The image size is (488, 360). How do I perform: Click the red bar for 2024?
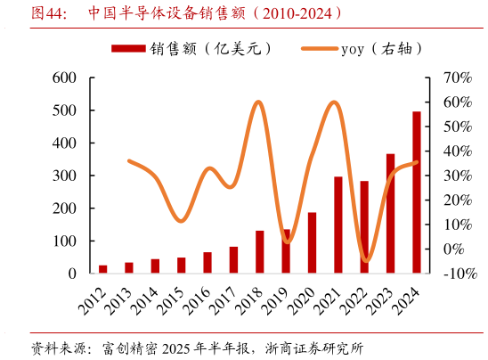(x=417, y=192)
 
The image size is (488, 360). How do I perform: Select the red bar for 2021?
(x=338, y=225)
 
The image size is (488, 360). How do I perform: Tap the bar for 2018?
(x=260, y=252)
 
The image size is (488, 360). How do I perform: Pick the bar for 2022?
(x=364, y=227)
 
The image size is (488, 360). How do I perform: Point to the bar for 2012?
(x=103, y=269)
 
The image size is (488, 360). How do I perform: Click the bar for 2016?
(x=207, y=263)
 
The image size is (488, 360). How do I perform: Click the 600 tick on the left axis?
(x=66, y=78)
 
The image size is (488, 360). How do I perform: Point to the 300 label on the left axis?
(x=66, y=176)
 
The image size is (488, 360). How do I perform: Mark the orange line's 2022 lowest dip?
(x=364, y=261)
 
